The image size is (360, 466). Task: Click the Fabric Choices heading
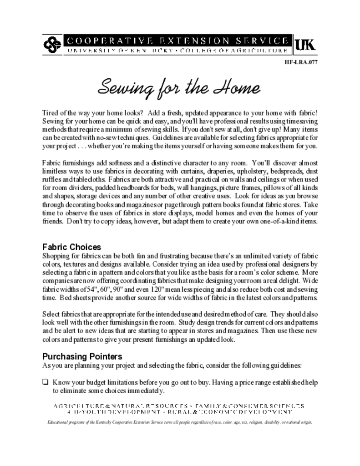[71, 247]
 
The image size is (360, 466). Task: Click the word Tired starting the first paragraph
[51, 112]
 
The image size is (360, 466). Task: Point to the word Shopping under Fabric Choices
[56, 256]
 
